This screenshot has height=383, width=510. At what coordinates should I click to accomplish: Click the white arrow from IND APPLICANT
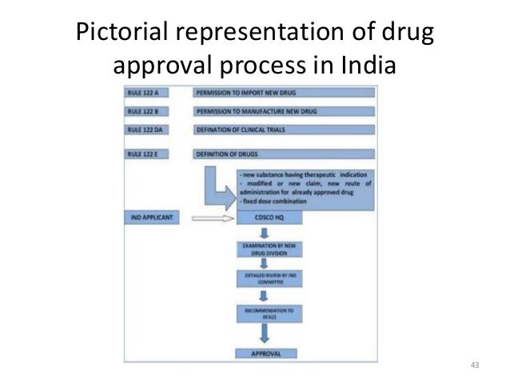click(213, 217)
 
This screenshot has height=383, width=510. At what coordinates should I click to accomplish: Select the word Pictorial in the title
click(119, 33)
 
